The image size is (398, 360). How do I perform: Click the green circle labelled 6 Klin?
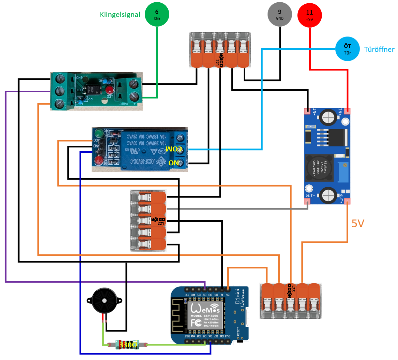157,14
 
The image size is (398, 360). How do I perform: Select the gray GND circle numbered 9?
280,14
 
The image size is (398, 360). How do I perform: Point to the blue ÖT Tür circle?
347,49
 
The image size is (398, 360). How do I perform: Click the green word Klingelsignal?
120,15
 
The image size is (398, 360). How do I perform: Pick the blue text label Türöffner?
379,49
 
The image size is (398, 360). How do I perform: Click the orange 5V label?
358,224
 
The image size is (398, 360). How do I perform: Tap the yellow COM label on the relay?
174,149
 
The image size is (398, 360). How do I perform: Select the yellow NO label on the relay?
174,163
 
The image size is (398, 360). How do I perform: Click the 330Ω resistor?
128,345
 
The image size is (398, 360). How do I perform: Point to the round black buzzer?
104,301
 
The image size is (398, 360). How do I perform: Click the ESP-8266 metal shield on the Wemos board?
205,315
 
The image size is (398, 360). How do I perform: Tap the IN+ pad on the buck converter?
347,111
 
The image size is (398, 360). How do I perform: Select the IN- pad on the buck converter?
308,111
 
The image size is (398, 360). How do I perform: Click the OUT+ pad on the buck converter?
347,201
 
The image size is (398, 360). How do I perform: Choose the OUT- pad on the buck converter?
308,201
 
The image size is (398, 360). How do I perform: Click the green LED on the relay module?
98,134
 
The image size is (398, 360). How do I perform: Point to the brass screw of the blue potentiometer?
345,165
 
